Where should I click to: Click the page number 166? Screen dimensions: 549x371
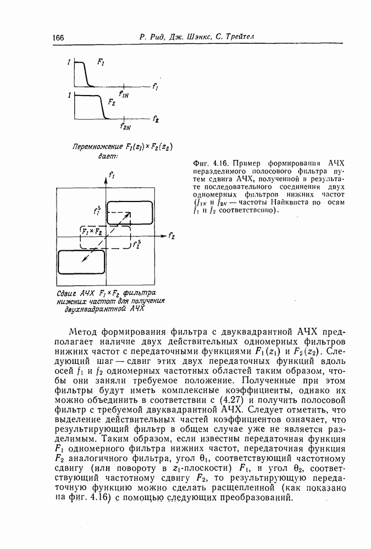(x=58, y=38)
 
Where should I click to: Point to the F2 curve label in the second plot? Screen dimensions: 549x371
(x=112, y=102)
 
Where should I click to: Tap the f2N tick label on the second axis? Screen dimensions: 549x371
(x=125, y=127)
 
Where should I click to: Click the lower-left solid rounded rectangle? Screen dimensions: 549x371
(x=81, y=261)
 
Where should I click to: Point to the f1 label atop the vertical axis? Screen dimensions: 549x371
(x=112, y=176)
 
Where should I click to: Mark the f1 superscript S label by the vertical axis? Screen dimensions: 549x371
(x=98, y=210)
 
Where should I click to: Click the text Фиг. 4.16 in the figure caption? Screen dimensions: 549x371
(x=211, y=164)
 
